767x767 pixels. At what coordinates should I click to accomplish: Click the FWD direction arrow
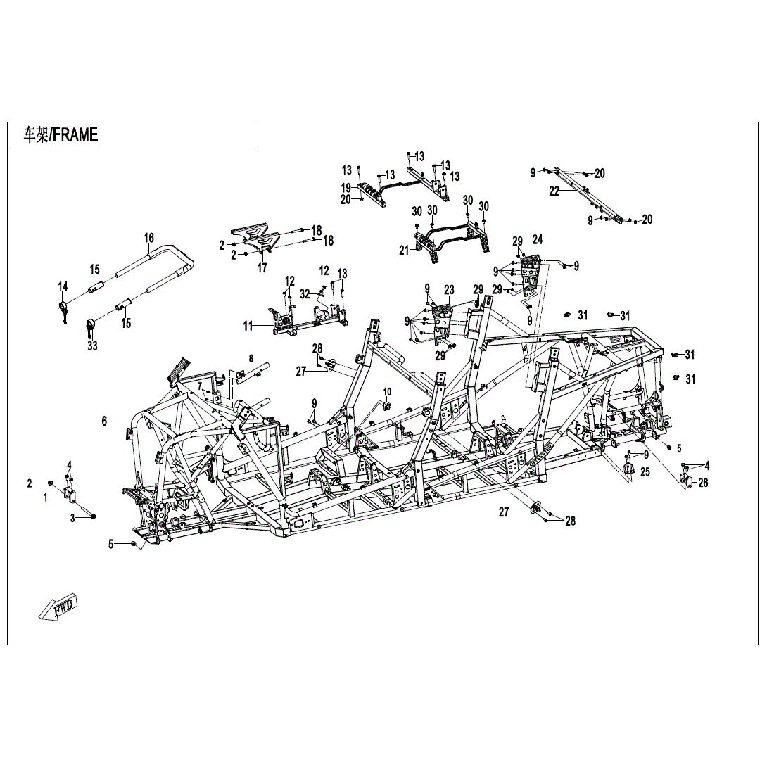click(x=58, y=607)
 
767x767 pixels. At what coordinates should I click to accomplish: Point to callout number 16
click(x=148, y=238)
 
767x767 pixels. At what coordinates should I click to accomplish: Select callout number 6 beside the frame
click(x=104, y=421)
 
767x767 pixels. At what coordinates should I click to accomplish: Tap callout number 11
click(x=248, y=326)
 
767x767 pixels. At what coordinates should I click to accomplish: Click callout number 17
click(x=262, y=268)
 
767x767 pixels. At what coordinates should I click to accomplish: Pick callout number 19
click(x=346, y=187)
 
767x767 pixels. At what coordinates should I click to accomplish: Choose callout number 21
click(x=403, y=251)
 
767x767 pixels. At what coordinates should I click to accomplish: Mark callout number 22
click(x=554, y=190)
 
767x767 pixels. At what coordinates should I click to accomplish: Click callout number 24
click(x=538, y=239)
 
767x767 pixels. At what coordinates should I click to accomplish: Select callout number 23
click(x=449, y=289)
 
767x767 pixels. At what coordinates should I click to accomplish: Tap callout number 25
click(x=645, y=472)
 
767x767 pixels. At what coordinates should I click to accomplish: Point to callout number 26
click(x=703, y=483)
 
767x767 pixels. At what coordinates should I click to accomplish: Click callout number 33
click(x=92, y=346)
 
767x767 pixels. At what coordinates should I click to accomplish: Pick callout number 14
click(x=63, y=286)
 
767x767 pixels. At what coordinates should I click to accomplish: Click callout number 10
click(x=387, y=391)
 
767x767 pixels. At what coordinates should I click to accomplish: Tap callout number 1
click(x=46, y=497)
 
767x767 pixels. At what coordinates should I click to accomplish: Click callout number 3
click(x=72, y=517)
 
